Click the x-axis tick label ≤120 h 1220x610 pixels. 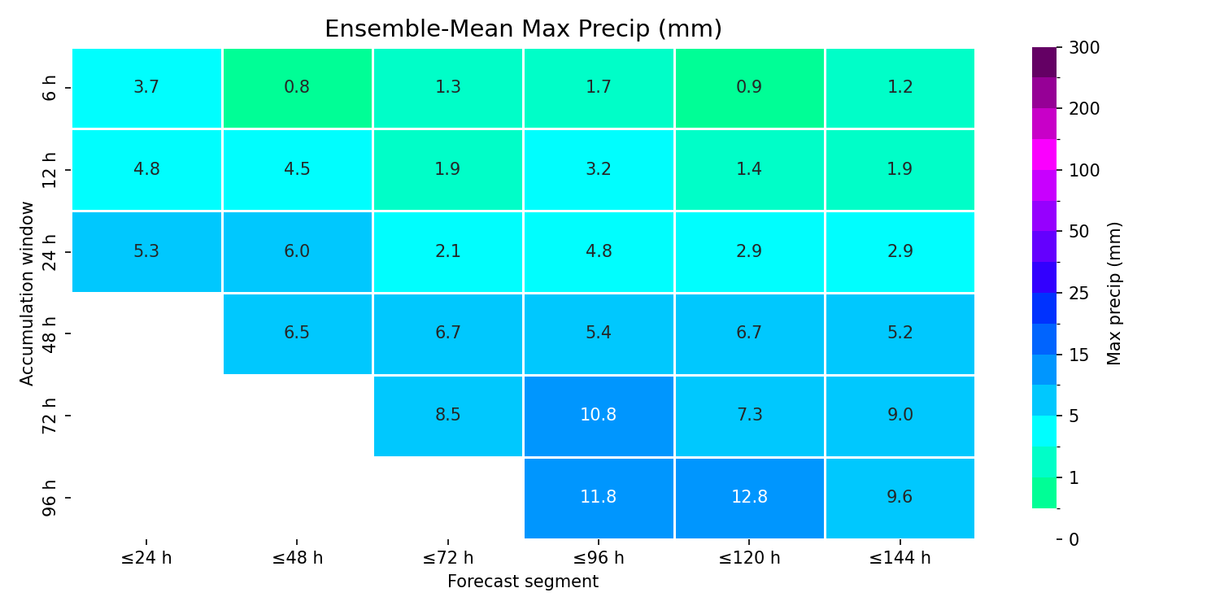(749, 558)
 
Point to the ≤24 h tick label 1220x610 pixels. (146, 558)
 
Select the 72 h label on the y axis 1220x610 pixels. (49, 416)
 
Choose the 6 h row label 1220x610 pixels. (49, 88)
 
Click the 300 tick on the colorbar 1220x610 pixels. (1084, 48)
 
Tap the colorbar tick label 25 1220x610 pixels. (1079, 294)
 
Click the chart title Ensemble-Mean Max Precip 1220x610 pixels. (524, 28)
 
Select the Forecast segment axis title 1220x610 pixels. (523, 582)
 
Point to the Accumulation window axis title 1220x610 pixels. (26, 294)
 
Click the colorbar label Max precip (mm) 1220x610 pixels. (1113, 294)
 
